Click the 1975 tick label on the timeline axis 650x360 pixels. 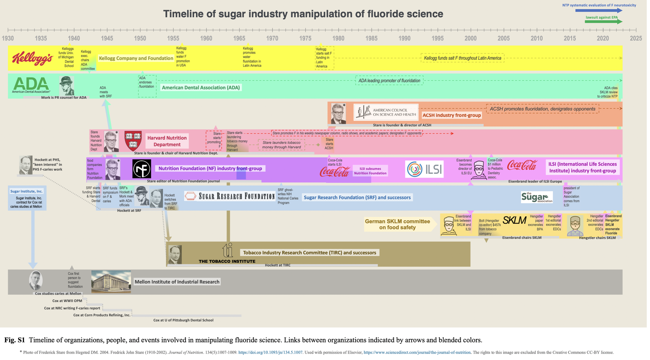click(x=305, y=38)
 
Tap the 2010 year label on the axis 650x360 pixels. click(x=537, y=38)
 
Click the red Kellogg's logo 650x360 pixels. click(x=32, y=58)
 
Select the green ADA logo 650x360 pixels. click(x=31, y=85)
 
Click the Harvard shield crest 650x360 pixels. click(x=133, y=141)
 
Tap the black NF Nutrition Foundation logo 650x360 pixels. click(x=142, y=169)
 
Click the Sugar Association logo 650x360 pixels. click(x=537, y=197)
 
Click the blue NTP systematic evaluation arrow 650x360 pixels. click(x=599, y=10)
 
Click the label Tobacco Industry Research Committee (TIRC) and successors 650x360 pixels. click(x=309, y=253)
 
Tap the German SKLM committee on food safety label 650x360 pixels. click(x=397, y=224)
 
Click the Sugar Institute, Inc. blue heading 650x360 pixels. click(x=26, y=191)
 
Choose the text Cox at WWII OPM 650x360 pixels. click(x=67, y=301)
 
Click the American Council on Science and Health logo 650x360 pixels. click(x=386, y=112)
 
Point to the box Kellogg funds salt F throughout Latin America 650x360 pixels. click(x=462, y=58)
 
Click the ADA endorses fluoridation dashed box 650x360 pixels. click(x=147, y=86)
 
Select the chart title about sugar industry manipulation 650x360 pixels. click(x=303, y=14)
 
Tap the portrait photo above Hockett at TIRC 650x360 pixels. click(x=175, y=254)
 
